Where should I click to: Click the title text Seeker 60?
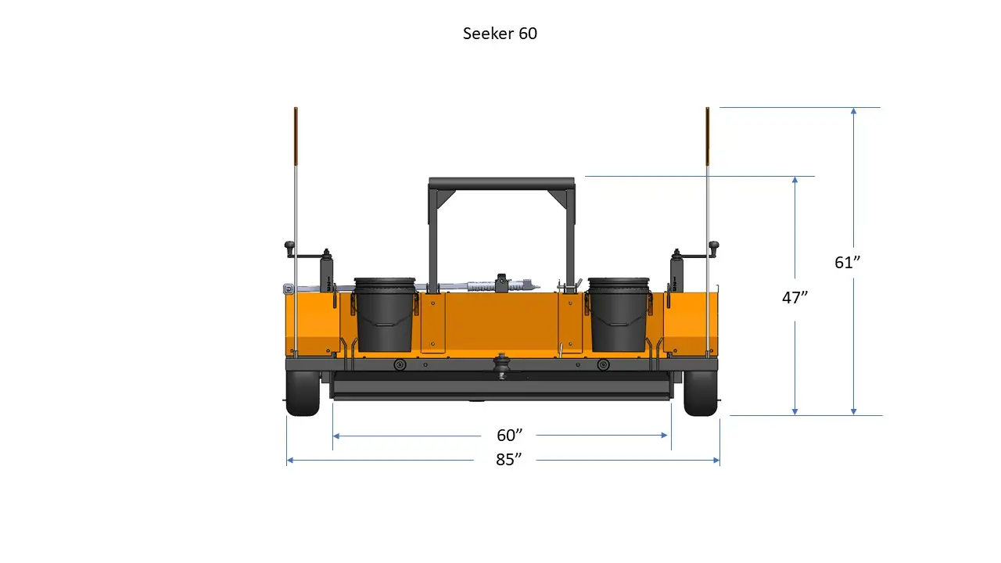(x=500, y=34)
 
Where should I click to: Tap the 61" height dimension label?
(x=847, y=263)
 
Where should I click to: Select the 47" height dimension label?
(x=795, y=298)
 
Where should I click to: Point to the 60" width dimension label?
(x=509, y=435)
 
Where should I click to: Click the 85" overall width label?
(x=508, y=460)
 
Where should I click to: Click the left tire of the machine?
(x=303, y=393)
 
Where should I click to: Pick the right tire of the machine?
(x=701, y=393)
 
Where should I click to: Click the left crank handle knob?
(x=289, y=248)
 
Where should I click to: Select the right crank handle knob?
(x=713, y=248)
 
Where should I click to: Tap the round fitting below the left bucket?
(x=400, y=365)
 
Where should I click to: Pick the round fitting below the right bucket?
(x=603, y=365)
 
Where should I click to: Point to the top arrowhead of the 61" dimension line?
(x=854, y=111)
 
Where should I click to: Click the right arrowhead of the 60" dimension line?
(x=667, y=436)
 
